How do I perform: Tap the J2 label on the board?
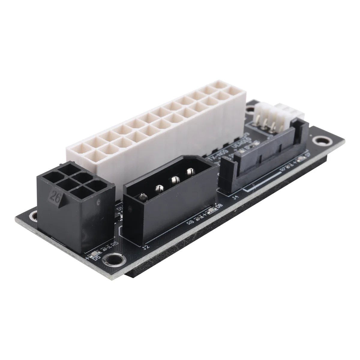(145, 247)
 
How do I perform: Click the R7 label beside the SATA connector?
(283, 168)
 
